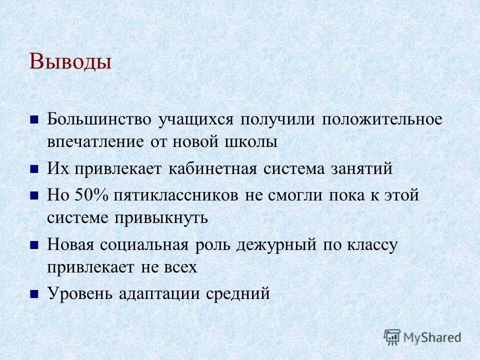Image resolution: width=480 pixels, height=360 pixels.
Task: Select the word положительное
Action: click(382, 120)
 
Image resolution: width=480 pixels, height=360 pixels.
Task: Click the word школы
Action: click(250, 142)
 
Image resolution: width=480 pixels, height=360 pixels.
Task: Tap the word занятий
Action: click(361, 169)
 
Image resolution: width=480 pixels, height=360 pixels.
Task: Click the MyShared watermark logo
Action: click(422, 337)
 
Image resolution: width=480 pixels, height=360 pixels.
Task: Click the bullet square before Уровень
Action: click(34, 294)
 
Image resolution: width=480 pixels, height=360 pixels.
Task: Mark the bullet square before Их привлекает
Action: click(34, 169)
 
